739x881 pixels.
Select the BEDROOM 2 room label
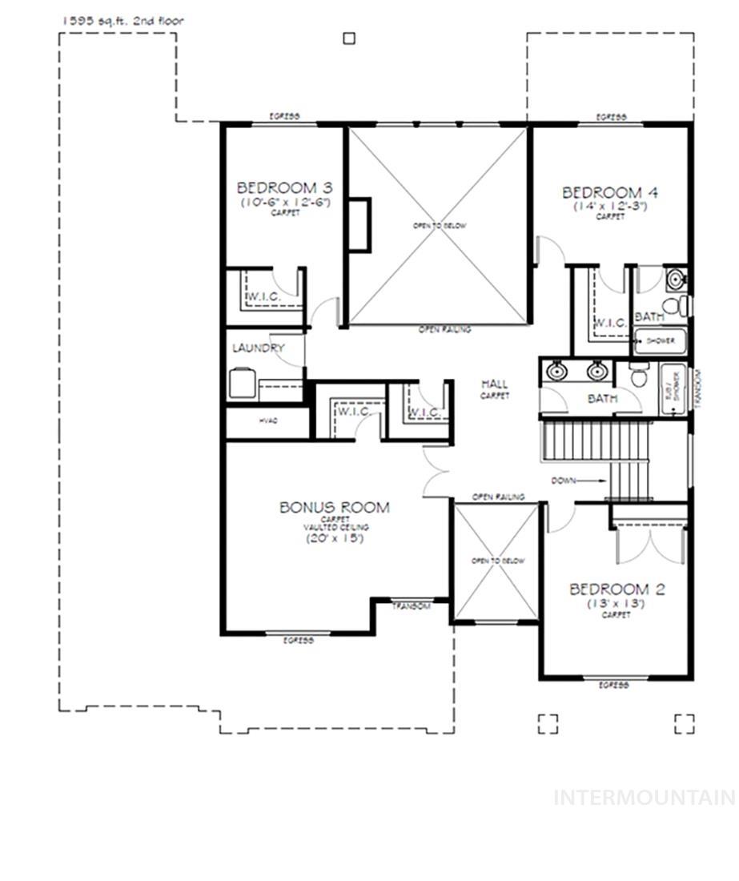coord(617,589)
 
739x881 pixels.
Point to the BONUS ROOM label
coord(335,507)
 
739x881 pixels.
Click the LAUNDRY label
coord(258,348)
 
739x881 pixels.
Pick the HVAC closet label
coord(267,421)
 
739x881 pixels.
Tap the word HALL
coord(495,384)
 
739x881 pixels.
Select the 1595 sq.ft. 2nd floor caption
coord(122,20)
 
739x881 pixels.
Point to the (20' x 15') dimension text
coord(335,539)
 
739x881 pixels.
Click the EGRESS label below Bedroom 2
coord(613,686)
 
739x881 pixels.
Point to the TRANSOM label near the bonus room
coord(412,606)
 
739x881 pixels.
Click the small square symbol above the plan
coord(349,38)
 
